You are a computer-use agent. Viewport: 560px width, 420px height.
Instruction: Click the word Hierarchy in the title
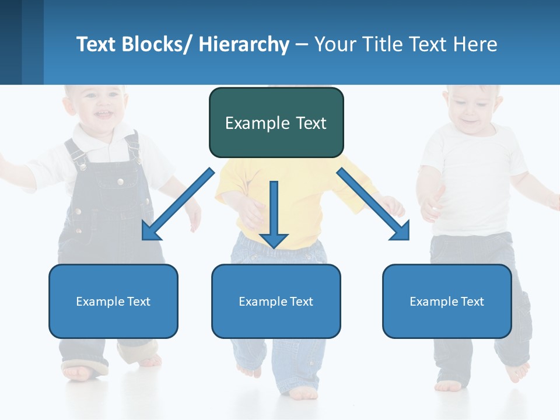click(x=244, y=44)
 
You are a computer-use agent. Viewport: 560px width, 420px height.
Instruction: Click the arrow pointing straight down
click(x=274, y=216)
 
